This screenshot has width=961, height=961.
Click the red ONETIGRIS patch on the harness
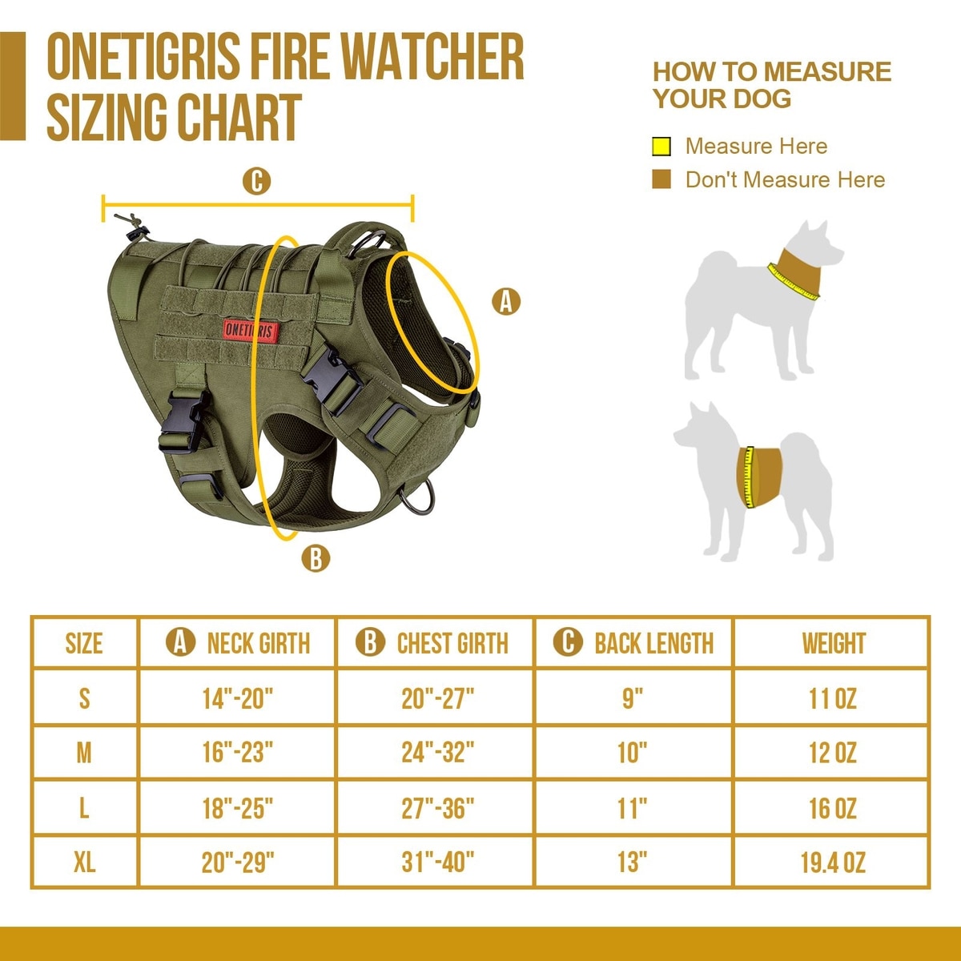[x=251, y=330]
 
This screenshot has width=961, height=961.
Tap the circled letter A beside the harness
[x=505, y=301]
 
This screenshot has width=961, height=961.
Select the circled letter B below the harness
[x=316, y=558]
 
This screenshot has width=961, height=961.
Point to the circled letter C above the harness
[x=256, y=181]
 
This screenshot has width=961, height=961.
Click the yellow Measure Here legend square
[x=661, y=147]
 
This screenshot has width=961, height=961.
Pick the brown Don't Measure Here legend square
[x=661, y=179]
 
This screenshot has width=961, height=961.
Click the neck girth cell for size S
[x=238, y=698]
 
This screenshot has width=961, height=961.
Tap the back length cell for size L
[x=633, y=808]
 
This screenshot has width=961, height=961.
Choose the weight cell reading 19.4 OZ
[x=833, y=862]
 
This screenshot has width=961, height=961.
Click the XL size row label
[x=84, y=862]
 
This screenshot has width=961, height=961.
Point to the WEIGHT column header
[x=834, y=643]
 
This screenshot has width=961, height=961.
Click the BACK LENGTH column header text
[x=653, y=643]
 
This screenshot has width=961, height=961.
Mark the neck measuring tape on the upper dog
[x=793, y=283]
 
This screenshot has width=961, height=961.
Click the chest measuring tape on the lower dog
[x=748, y=477]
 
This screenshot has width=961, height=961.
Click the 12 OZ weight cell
[x=833, y=753]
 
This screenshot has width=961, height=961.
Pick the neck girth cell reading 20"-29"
[x=238, y=862]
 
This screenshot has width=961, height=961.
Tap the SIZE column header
[x=84, y=643]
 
